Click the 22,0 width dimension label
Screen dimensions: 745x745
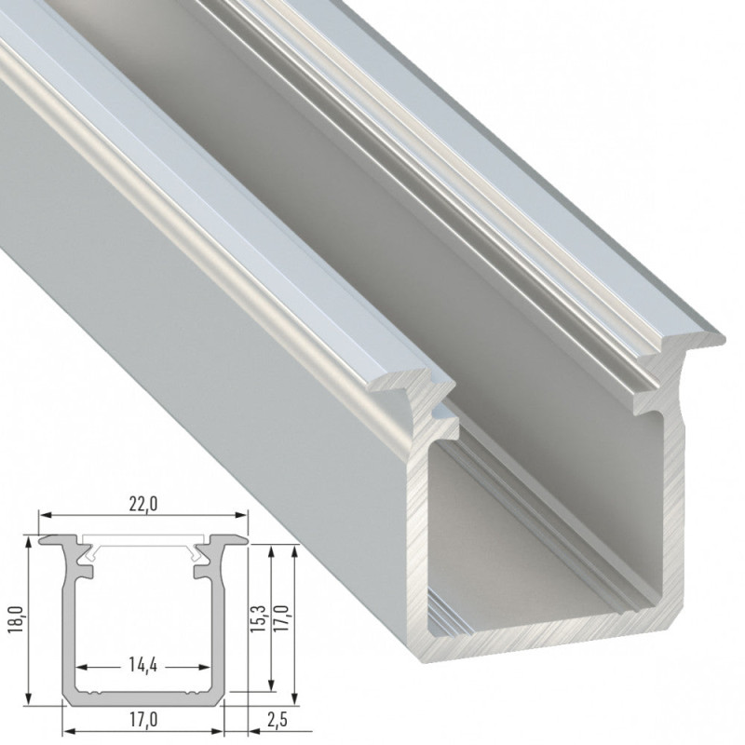click(144, 504)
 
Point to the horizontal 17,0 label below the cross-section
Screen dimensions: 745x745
click(144, 718)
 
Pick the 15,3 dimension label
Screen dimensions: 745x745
click(260, 618)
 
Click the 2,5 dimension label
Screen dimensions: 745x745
click(273, 718)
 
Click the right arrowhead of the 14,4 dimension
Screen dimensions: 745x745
click(203, 667)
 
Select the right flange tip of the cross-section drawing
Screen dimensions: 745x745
click(247, 539)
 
